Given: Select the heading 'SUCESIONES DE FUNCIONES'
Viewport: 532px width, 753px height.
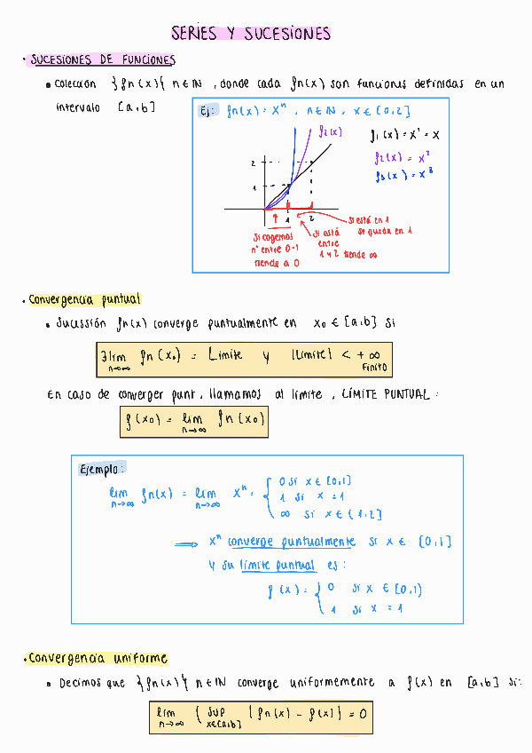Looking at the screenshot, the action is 102,60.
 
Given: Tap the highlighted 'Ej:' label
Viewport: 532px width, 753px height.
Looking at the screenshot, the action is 207,112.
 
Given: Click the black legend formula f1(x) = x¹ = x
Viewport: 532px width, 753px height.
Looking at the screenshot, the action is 406,136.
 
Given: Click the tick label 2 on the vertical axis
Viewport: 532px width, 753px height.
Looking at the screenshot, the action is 253,163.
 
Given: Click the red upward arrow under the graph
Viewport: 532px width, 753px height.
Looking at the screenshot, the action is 275,218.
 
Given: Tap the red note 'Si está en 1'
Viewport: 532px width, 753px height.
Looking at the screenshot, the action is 370,220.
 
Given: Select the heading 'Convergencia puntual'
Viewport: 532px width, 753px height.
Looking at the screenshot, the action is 84,300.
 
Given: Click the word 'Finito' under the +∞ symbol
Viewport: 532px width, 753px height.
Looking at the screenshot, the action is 374,367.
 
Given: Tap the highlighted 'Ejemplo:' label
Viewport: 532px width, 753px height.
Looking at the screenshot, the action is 102,468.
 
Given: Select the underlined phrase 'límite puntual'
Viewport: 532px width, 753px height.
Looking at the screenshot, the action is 277,565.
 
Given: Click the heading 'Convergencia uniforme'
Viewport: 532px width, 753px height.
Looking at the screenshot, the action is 98,659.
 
